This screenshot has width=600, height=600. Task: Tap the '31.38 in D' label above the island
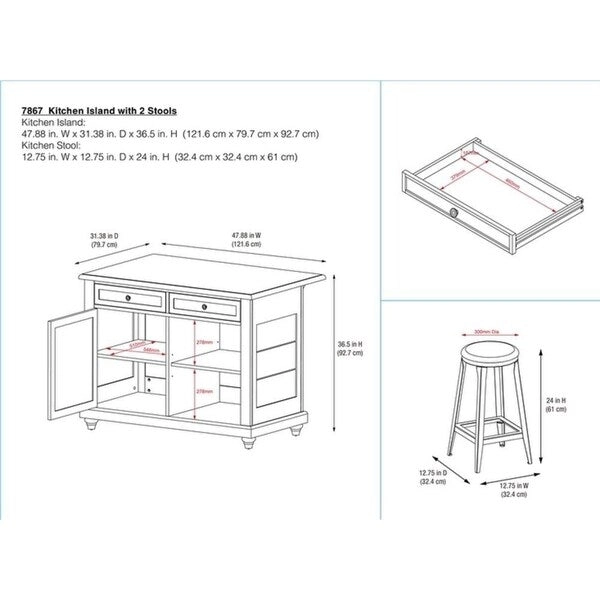point(105,236)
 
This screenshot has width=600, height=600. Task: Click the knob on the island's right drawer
point(203,305)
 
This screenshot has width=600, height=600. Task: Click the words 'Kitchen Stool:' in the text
point(46,145)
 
